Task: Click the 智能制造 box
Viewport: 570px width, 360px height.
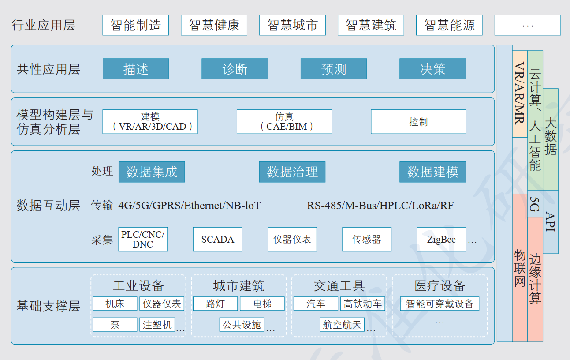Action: click(136, 25)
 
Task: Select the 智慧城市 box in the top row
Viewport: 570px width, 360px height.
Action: click(292, 25)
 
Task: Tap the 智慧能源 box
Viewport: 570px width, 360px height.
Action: click(449, 25)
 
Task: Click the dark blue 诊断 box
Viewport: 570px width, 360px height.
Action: click(235, 69)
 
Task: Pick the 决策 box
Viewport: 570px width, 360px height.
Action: click(432, 69)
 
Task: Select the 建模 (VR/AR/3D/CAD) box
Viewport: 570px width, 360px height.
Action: click(150, 122)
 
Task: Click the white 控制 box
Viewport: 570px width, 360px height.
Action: click(418, 122)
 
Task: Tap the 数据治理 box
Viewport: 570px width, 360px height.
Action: click(292, 172)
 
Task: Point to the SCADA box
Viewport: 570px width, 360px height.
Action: click(218, 239)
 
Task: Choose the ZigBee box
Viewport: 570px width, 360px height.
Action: click(441, 239)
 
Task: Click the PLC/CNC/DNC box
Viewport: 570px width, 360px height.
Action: click(143, 239)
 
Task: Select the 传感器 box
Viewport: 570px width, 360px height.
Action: click(367, 239)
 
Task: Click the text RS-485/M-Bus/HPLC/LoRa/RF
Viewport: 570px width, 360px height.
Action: click(380, 206)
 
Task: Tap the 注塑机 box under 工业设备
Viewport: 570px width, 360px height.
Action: click(157, 325)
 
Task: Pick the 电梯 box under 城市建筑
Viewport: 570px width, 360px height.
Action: click(262, 304)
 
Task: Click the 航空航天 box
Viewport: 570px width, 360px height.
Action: click(342, 325)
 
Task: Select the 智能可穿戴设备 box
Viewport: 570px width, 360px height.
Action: click(440, 304)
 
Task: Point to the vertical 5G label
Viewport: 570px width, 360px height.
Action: click(535, 204)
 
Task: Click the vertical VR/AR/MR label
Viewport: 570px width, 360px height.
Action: click(520, 93)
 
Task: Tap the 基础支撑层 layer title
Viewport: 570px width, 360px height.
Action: click(48, 306)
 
